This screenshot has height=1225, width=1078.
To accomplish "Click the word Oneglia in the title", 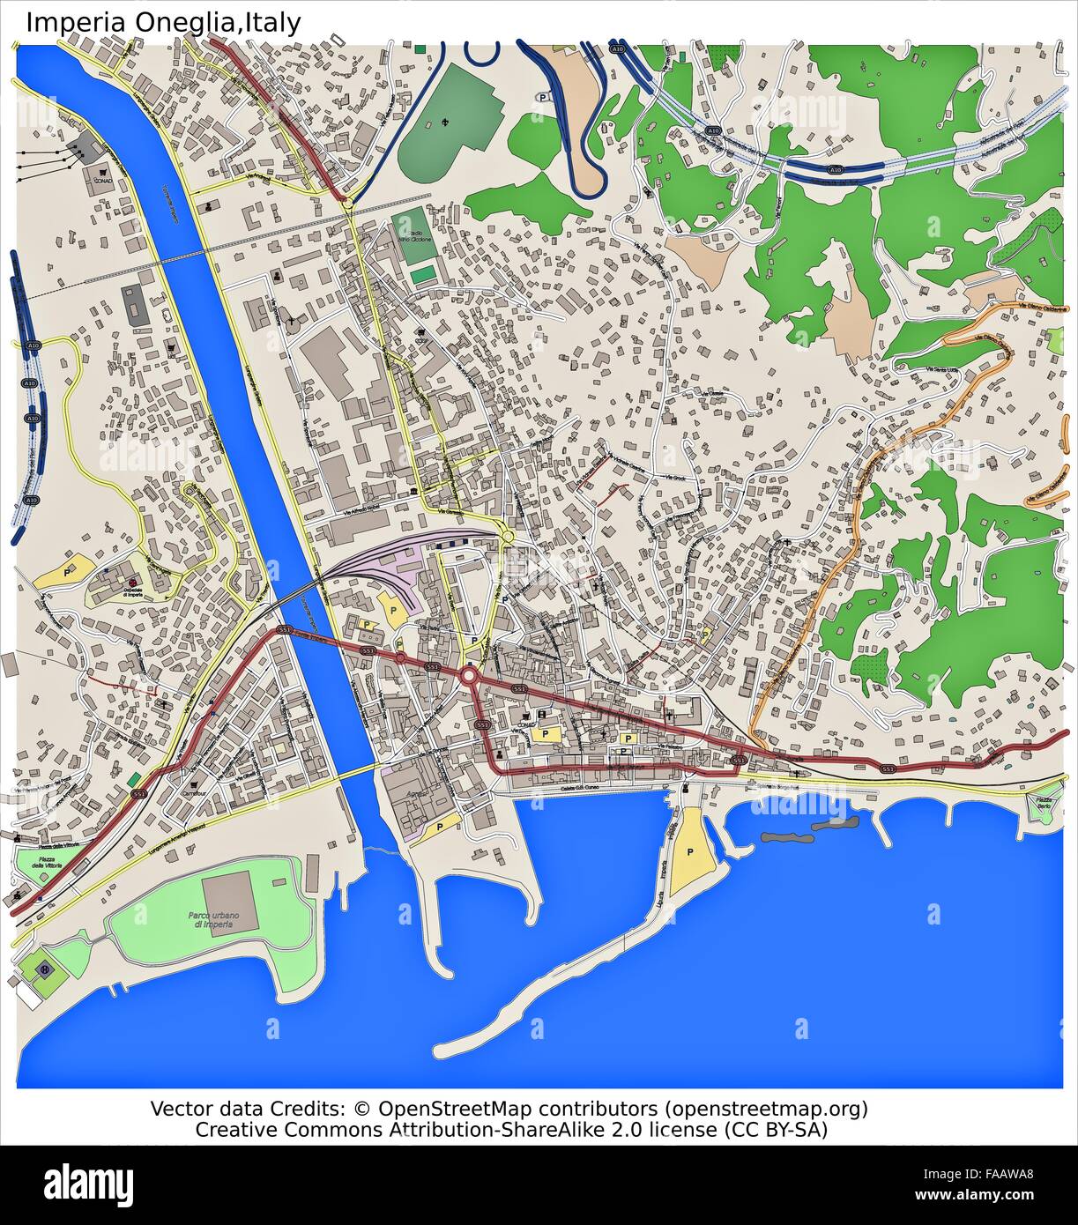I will coord(183,22).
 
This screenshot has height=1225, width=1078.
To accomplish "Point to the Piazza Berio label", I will coord(1045,804).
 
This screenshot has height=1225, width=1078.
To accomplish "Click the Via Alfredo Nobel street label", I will coord(367,511).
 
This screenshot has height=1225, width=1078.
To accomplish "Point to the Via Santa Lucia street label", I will coord(940,368).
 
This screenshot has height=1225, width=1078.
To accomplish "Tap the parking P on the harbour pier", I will coord(690,853).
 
